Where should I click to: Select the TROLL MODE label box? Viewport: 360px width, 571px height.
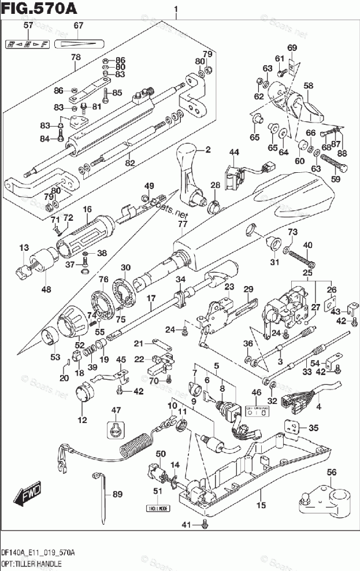pos(157,509)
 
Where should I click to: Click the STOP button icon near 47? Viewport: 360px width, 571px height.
pos(116,429)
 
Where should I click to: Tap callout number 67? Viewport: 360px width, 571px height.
pos(79,25)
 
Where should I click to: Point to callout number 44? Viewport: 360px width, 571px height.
pos(233,152)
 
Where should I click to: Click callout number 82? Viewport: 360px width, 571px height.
pos(130,162)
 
